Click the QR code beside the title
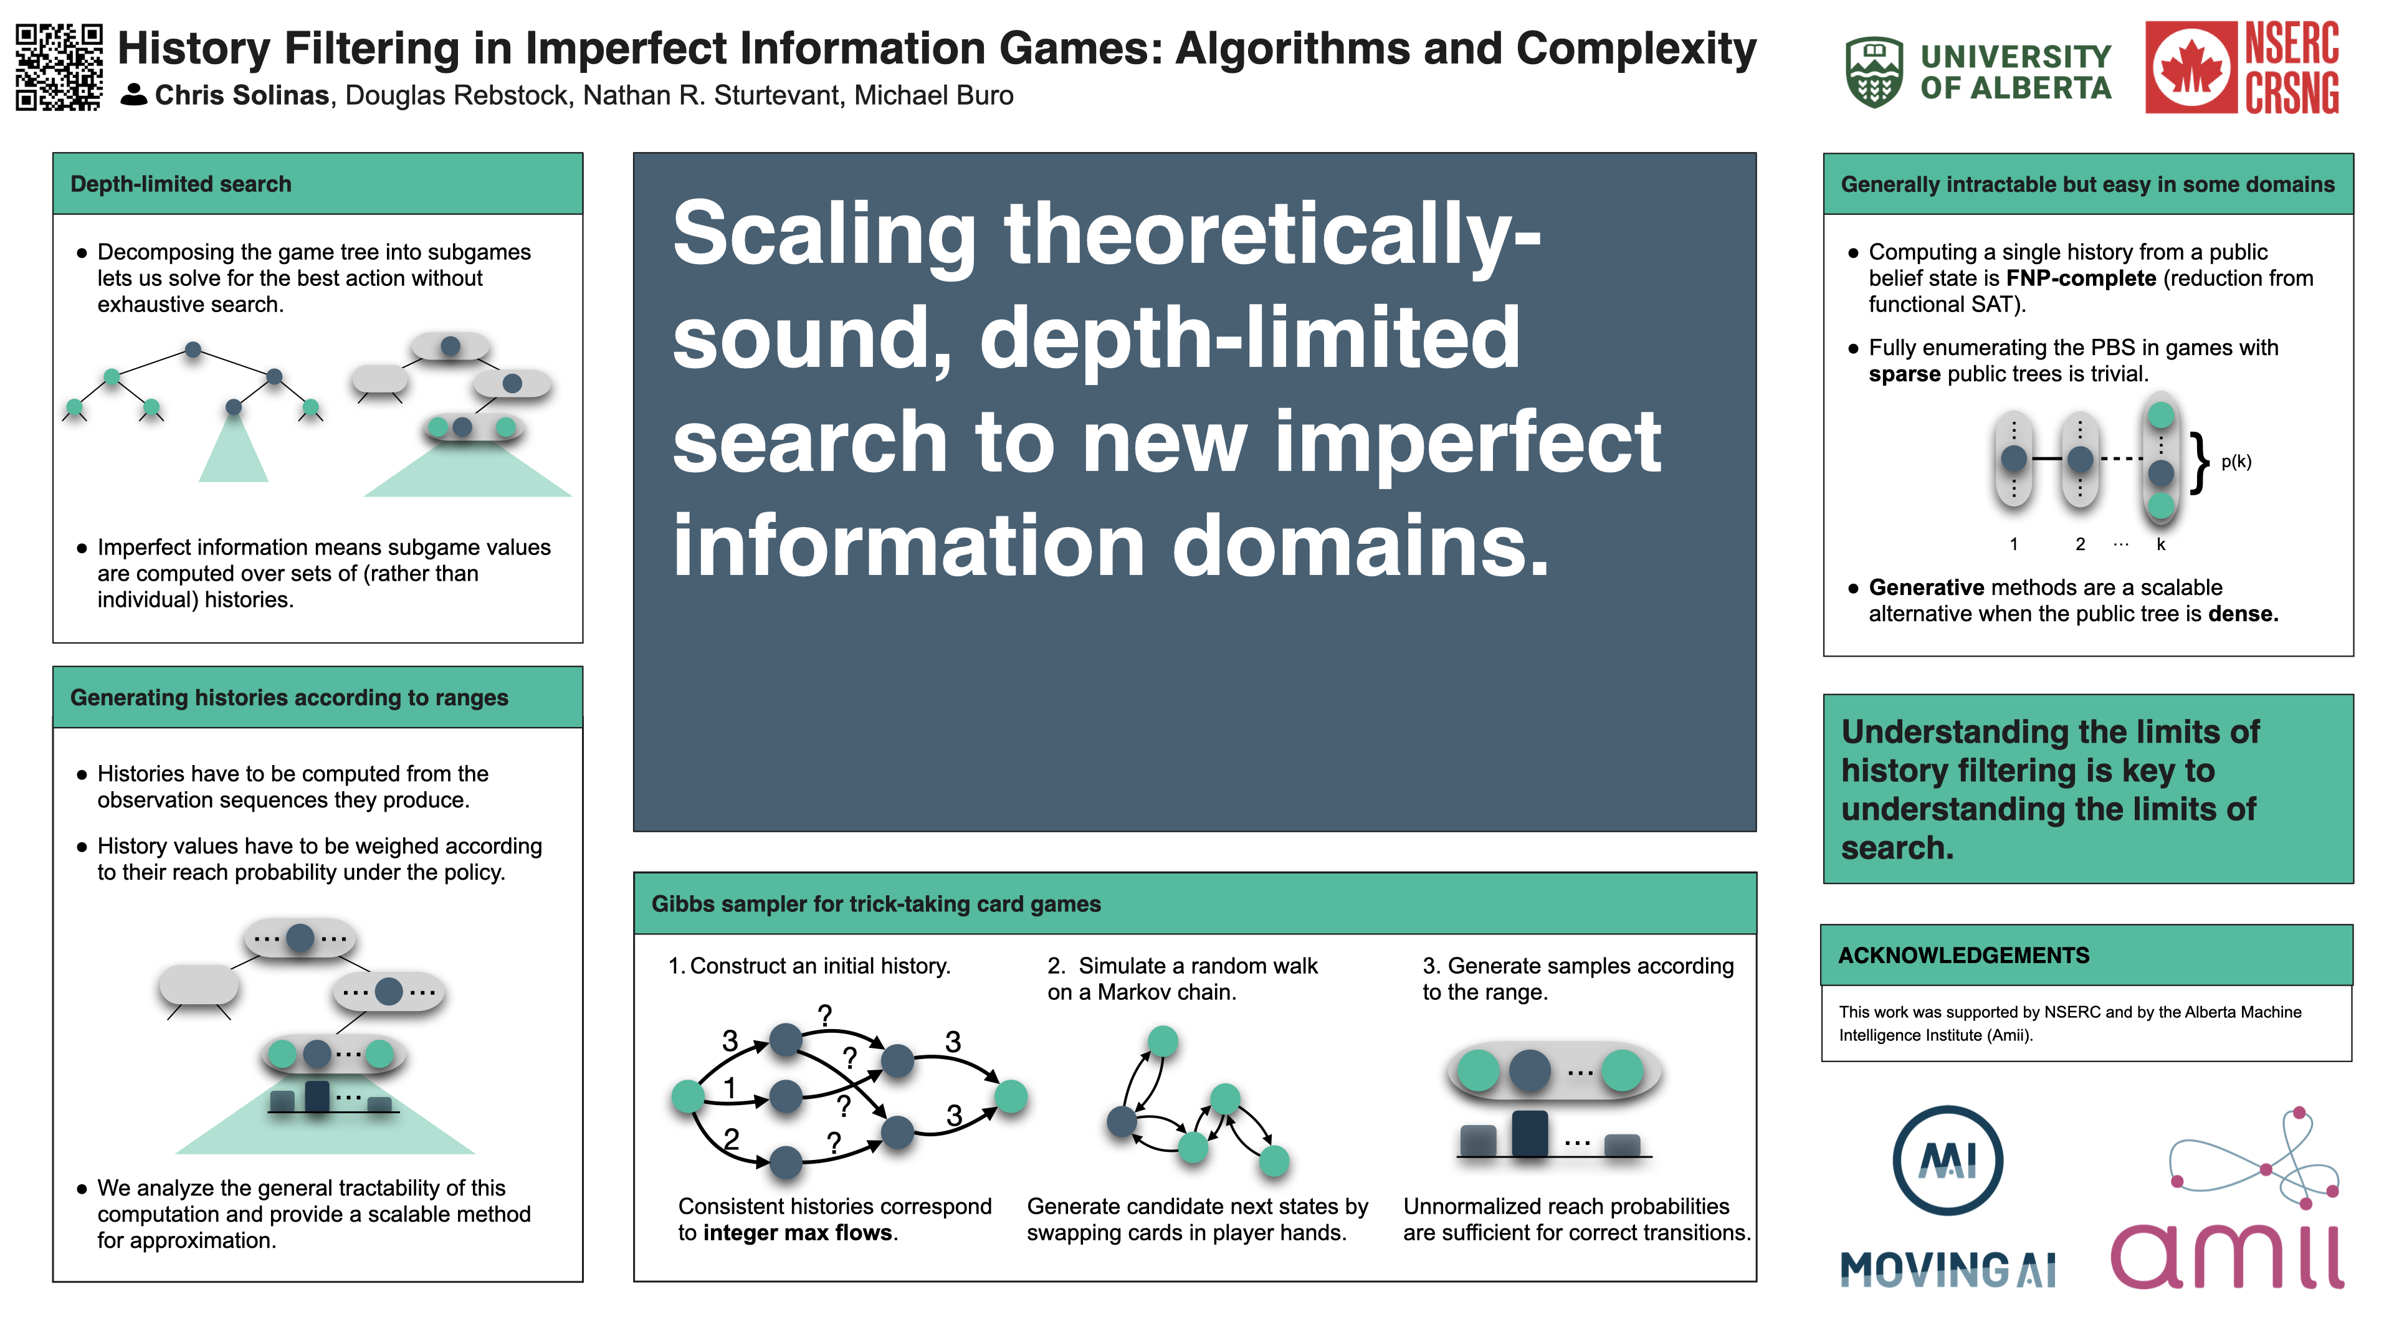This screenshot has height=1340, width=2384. (x=59, y=67)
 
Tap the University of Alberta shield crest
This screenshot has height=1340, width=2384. (x=1874, y=72)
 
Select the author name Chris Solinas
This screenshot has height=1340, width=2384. (x=242, y=95)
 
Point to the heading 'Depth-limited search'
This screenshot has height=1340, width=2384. (x=181, y=184)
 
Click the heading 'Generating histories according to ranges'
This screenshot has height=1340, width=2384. (x=288, y=698)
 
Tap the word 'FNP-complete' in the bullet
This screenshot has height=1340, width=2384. (x=2081, y=278)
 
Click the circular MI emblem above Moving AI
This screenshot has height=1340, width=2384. (x=1948, y=1161)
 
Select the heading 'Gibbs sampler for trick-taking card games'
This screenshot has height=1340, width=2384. (x=875, y=904)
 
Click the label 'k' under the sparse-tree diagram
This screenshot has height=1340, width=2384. (x=2161, y=544)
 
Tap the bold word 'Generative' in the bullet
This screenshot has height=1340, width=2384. (x=1926, y=587)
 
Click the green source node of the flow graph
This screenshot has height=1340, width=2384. (x=688, y=1096)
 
